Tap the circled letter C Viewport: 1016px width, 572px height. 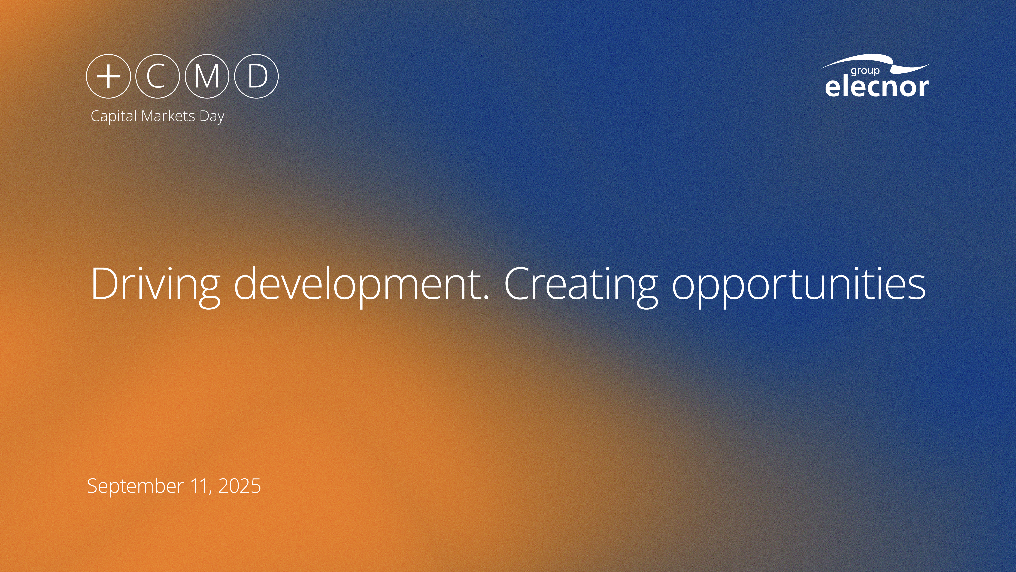click(157, 76)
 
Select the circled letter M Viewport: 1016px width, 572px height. click(207, 76)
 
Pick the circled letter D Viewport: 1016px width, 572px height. click(256, 76)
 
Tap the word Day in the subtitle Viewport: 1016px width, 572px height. click(212, 117)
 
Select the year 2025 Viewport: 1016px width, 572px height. click(239, 486)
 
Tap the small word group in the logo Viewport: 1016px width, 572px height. click(865, 71)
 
